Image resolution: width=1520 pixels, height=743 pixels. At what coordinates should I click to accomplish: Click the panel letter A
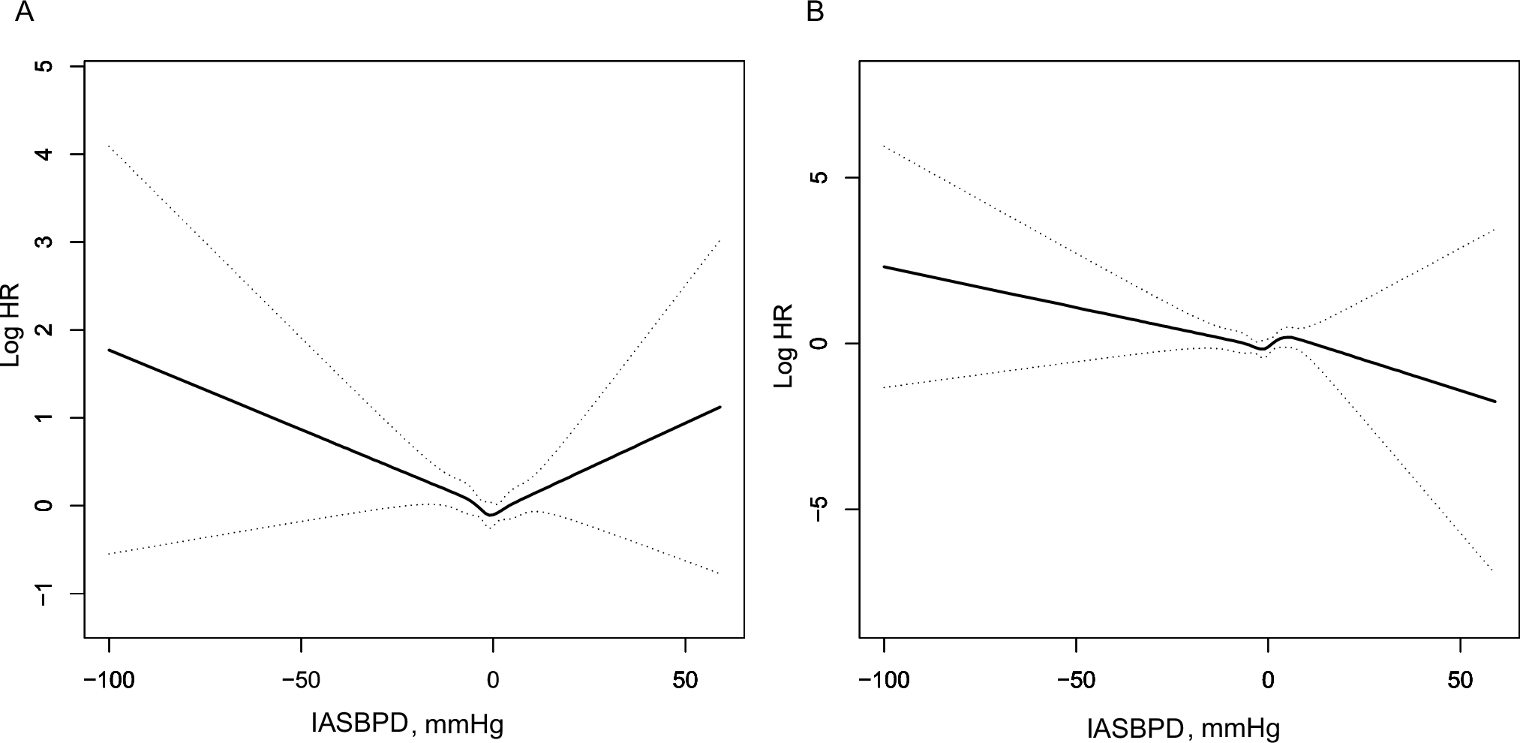24,13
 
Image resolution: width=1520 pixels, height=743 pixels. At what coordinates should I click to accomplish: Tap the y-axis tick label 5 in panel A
46,67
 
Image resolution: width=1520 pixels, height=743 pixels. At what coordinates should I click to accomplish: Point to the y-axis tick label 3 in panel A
46,242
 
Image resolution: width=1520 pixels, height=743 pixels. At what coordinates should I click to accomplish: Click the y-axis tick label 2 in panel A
46,330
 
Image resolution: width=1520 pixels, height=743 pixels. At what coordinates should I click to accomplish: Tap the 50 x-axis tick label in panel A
685,681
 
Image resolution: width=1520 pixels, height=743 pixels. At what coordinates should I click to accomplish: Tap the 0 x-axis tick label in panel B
1268,681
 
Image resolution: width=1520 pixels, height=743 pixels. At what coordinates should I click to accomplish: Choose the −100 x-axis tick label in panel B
884,681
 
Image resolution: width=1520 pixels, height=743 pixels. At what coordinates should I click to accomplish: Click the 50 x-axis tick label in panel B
1460,681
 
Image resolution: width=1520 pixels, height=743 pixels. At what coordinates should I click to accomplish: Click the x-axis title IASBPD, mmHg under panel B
1183,727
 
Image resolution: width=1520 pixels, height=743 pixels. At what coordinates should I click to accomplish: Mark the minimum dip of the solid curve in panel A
491,515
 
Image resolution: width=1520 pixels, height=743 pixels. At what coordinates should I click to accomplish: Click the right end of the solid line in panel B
1495,401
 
